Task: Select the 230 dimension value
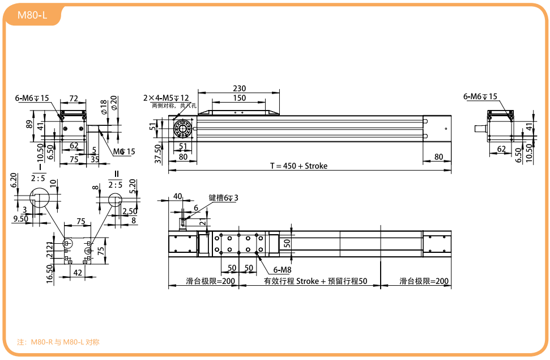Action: pos(239,88)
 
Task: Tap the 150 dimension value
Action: pos(239,98)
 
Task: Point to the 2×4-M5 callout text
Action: pos(166,98)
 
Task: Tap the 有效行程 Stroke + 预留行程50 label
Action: pos(315,281)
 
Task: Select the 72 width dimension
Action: pos(73,99)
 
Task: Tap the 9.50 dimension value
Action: pos(20,218)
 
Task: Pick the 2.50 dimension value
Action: pos(126,211)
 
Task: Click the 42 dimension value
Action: pos(78,273)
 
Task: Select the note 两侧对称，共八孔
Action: pos(173,106)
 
